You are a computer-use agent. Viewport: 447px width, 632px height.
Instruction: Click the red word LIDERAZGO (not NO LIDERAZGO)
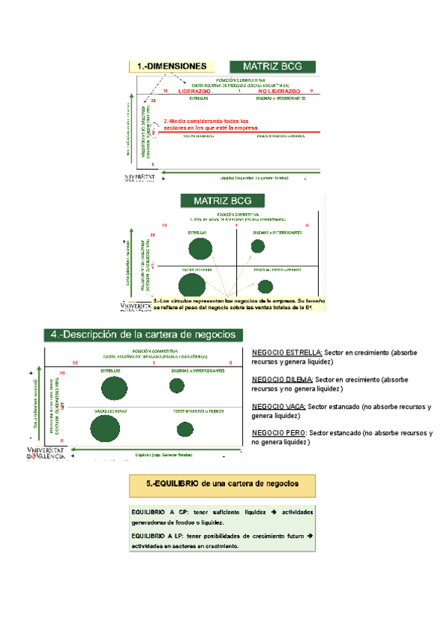pyautogui.click(x=194, y=91)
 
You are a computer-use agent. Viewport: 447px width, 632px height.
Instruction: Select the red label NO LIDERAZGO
pyautogui.click(x=279, y=91)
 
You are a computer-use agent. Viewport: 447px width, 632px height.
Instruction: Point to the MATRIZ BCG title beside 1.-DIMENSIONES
pyautogui.click(x=272, y=66)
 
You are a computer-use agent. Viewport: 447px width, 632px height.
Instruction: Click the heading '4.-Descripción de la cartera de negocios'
pyautogui.click(x=142, y=334)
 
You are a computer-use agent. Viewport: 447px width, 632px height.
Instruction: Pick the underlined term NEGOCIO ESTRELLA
pyautogui.click(x=287, y=352)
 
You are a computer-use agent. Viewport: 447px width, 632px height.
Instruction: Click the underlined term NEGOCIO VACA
pyautogui.click(x=279, y=407)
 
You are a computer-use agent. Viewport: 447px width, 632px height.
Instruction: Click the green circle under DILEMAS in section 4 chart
pyautogui.click(x=177, y=385)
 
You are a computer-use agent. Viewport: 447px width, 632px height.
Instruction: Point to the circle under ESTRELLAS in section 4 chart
pyautogui.click(x=112, y=388)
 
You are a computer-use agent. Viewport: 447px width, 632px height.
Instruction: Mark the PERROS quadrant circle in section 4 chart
pyautogui.click(x=185, y=429)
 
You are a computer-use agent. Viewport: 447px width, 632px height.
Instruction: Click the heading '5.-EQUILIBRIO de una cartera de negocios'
pyautogui.click(x=224, y=483)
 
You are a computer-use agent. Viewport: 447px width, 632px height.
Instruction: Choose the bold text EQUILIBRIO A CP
pyautogui.click(x=159, y=513)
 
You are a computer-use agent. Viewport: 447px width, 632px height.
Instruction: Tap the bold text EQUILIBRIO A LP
pyautogui.click(x=159, y=536)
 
